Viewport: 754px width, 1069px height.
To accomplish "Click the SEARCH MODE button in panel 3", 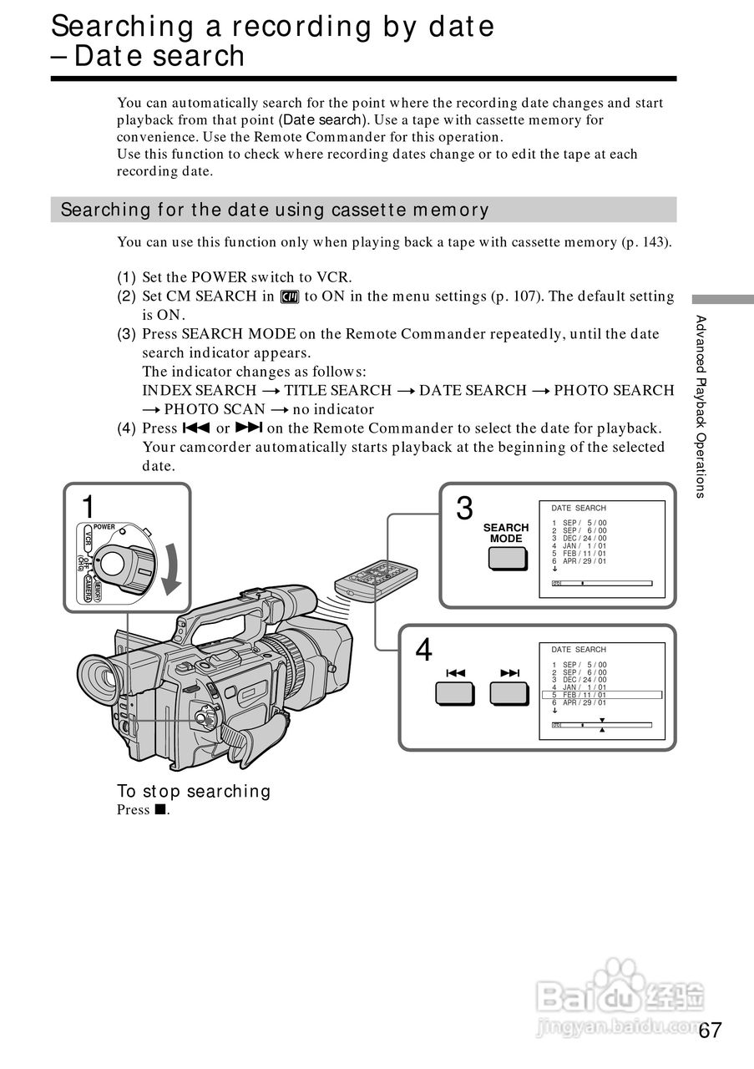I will tap(507, 559).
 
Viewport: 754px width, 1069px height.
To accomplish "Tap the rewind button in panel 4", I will tap(454, 693).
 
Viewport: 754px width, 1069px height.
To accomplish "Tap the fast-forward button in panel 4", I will tap(510, 693).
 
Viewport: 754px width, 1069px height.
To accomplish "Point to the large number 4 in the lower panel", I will tap(424, 650).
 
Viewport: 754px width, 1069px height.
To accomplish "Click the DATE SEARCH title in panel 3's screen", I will tap(579, 508).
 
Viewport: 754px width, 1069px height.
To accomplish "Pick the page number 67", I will tap(710, 1030).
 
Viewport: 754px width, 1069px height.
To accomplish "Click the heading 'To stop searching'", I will tap(194, 791).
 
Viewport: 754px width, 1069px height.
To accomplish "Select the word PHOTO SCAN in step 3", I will tap(214, 409).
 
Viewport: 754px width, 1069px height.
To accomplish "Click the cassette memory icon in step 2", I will tap(290, 296).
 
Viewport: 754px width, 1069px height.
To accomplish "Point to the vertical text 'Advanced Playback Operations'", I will tap(701, 406).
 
